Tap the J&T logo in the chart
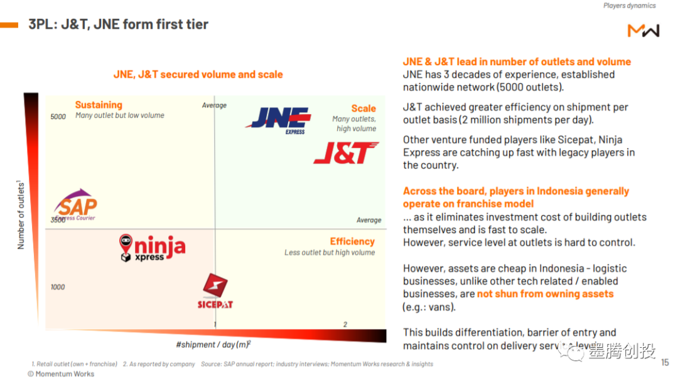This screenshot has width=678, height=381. [346, 153]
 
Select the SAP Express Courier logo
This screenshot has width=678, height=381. [75, 204]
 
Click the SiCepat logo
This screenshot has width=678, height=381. [215, 291]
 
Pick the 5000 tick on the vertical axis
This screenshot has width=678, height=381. [58, 117]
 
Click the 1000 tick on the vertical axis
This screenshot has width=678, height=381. [58, 287]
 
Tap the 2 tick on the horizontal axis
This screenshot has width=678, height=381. [345, 324]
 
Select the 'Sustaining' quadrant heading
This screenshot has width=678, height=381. [99, 105]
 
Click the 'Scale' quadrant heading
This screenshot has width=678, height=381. [363, 108]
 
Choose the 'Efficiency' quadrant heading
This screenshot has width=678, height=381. [352, 241]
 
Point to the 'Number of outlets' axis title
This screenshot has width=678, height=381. [21, 215]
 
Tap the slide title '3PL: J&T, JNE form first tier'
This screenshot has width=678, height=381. [118, 24]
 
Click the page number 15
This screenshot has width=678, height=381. [665, 362]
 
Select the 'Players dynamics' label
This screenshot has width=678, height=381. [629, 6]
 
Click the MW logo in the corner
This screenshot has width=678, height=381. [643, 30]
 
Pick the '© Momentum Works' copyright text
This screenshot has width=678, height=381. [61, 374]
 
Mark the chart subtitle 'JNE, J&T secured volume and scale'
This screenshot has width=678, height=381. [198, 75]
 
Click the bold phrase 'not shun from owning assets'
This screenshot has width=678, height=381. [545, 294]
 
